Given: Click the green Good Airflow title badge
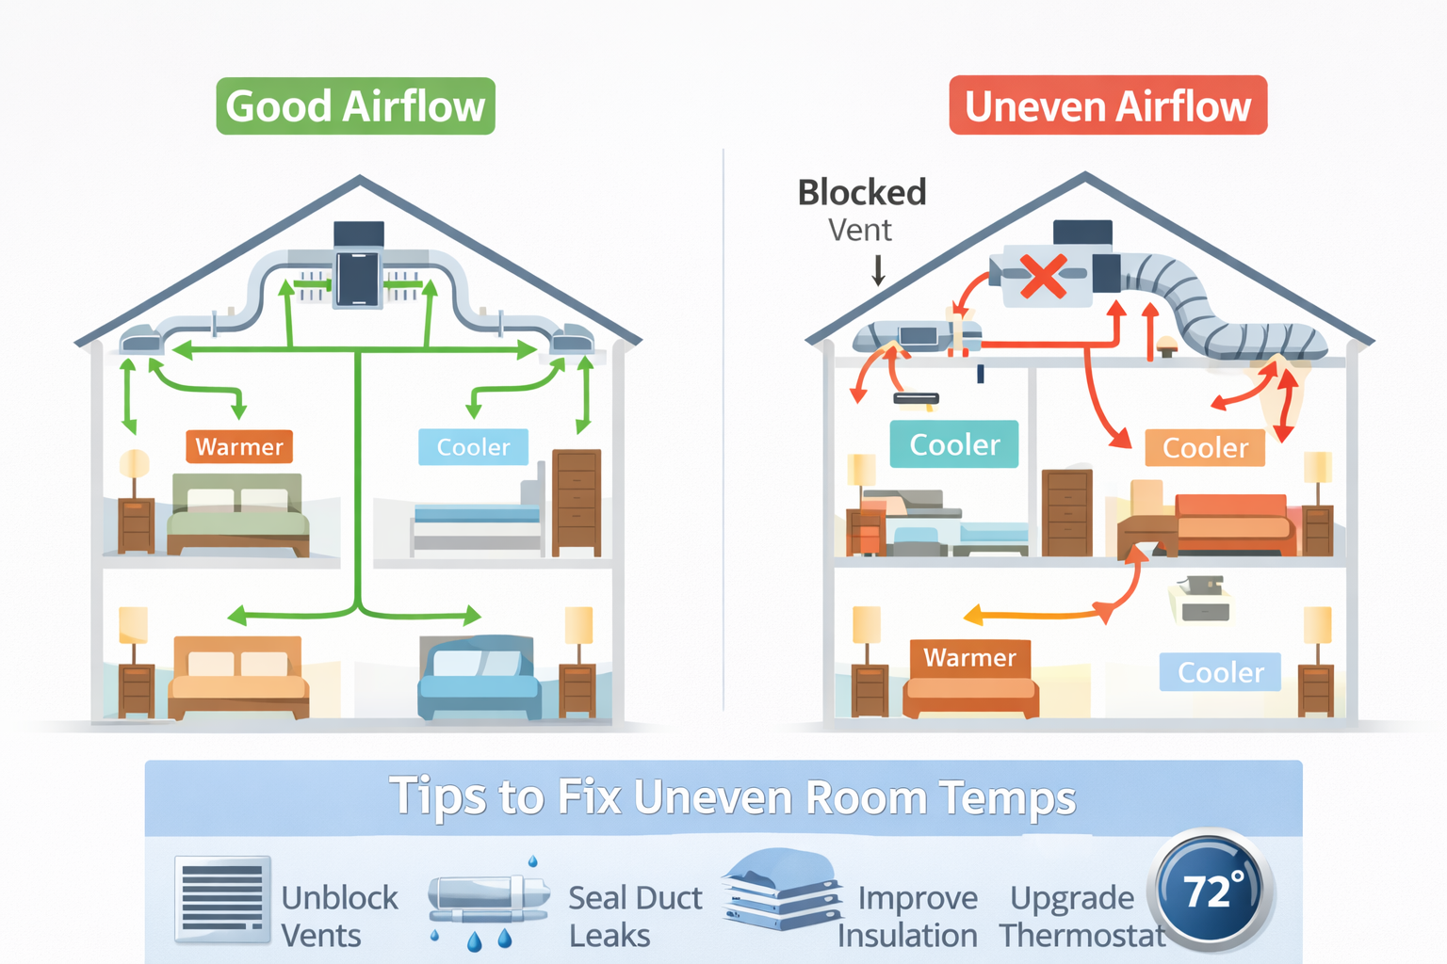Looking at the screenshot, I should coord(355,106).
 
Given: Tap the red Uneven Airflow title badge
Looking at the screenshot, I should coord(1108,105).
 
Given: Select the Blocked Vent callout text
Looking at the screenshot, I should coord(861,209).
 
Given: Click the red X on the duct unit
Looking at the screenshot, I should coord(1043,277).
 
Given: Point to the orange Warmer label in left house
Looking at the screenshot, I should coord(239,446).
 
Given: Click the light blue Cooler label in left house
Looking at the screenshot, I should coord(473,446).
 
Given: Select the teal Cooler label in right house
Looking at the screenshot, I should coord(953,444).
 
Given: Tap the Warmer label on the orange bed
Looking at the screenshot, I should coord(969,657).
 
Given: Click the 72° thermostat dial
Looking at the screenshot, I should coord(1211,890).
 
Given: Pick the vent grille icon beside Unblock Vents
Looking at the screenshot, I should coord(222,899).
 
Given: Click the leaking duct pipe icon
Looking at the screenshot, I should coord(487,899).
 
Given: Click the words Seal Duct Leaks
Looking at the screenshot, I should coord(634,916).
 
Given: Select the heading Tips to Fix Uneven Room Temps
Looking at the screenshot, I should coord(732,797).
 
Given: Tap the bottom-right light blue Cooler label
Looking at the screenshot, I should coord(1220,672).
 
